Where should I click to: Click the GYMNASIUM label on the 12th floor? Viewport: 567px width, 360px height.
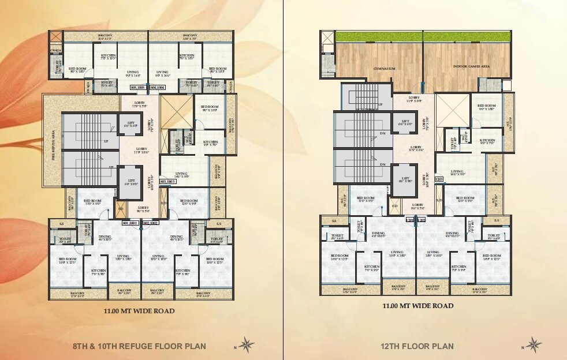(x=384, y=69)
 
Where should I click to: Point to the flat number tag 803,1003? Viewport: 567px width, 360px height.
(x=167, y=182)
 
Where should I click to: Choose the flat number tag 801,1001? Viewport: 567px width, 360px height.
(x=132, y=222)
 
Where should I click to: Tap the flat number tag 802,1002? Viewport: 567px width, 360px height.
(x=151, y=222)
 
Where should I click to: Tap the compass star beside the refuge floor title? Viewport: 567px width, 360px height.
(x=247, y=345)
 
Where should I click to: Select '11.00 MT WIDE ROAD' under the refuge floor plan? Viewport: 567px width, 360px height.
(x=139, y=311)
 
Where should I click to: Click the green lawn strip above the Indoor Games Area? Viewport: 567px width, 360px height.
(x=468, y=36)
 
